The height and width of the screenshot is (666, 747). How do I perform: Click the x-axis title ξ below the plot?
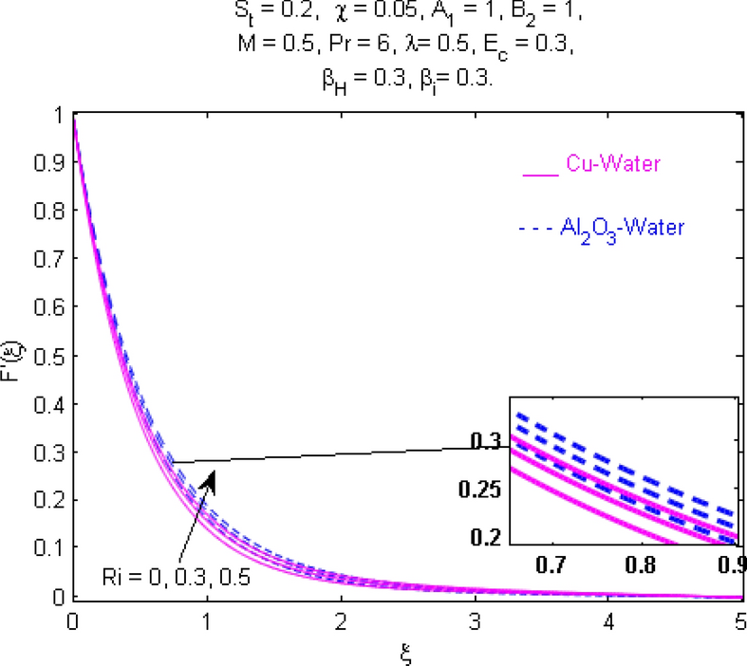point(406,653)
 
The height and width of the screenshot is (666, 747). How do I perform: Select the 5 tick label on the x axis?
point(737,620)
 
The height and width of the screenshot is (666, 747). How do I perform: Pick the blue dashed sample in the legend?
point(538,228)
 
